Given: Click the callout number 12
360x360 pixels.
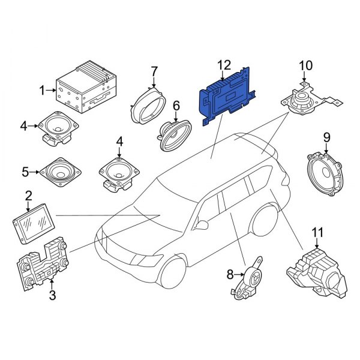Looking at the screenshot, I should [223, 65].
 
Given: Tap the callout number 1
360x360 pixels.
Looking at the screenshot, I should [43, 91].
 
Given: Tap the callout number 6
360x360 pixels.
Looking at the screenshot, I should [176, 106].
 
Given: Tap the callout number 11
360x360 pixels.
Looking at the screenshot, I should [316, 230].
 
